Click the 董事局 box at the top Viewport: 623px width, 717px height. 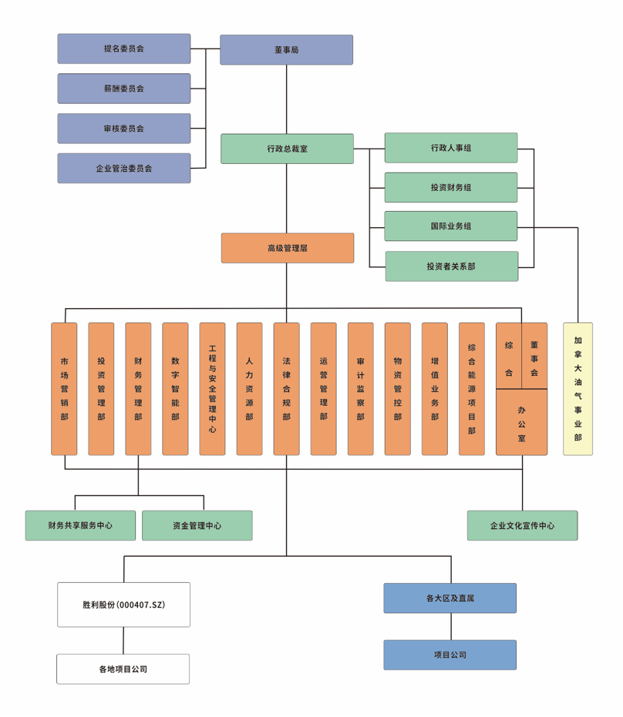coord(286,49)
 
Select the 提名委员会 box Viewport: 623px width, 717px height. coord(123,49)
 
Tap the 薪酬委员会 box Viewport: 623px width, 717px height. coord(123,89)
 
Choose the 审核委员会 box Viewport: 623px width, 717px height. coord(123,129)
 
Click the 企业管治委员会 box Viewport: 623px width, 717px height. coord(123,168)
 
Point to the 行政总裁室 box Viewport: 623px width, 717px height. coord(287,149)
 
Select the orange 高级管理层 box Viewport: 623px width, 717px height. coord(287,248)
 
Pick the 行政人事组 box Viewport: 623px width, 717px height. coord(451,148)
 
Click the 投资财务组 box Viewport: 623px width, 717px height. coord(451,187)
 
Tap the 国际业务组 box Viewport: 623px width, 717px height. coord(451,226)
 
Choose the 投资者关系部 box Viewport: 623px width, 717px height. coord(451,266)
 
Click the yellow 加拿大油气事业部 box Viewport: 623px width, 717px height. coord(578,389)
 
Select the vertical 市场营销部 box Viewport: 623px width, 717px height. coord(64,389)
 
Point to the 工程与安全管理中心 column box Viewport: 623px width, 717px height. coord(212,389)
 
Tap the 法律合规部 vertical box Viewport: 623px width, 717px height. coord(286,389)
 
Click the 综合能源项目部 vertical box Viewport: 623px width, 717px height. coord(471,389)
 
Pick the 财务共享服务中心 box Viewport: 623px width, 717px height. coord(80,525)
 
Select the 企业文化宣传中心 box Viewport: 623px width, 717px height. coord(522,525)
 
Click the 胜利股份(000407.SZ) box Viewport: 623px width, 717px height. coord(123,605)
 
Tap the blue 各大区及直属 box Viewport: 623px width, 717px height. coord(450,598)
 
